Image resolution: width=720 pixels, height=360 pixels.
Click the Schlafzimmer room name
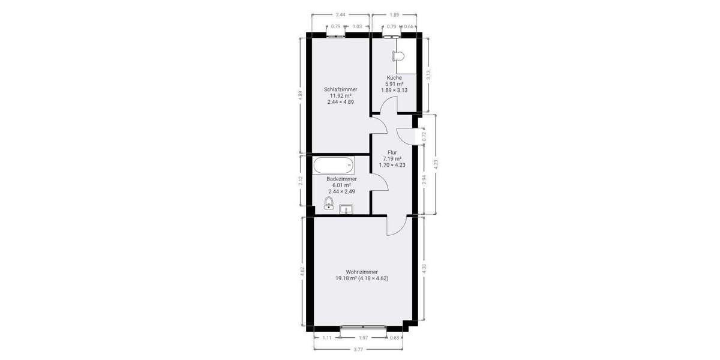pyautogui.click(x=340, y=89)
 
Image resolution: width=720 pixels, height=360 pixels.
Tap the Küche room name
pyautogui.click(x=394, y=77)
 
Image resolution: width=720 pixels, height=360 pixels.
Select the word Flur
pyautogui.click(x=393, y=152)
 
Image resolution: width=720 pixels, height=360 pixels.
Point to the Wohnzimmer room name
pyautogui.click(x=362, y=272)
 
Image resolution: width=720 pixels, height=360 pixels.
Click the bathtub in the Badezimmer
pyautogui.click(x=334, y=164)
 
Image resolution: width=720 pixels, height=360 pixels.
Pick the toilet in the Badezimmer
pyautogui.click(x=329, y=203)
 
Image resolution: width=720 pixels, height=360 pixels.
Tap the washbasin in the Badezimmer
pyautogui.click(x=346, y=209)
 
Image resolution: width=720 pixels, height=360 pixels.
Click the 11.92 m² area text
pyautogui.click(x=340, y=96)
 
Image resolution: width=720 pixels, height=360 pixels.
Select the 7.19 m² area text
pyautogui.click(x=393, y=158)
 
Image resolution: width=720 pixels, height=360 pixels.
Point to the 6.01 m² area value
pyautogui.click(x=341, y=185)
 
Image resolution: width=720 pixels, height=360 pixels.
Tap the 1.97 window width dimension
pyautogui.click(x=364, y=338)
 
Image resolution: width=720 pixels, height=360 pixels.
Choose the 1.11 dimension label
pyautogui.click(x=327, y=338)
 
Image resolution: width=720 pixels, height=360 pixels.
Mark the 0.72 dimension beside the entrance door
pyautogui.click(x=424, y=136)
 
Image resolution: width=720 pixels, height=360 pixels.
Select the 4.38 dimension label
pyautogui.click(x=424, y=269)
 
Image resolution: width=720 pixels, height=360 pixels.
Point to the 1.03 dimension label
pyautogui.click(x=357, y=26)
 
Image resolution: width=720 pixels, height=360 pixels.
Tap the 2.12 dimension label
pyautogui.click(x=301, y=181)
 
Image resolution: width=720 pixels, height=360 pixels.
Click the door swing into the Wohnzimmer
pyautogui.click(x=396, y=227)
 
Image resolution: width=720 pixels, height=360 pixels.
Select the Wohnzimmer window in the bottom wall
pyautogui.click(x=364, y=328)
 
